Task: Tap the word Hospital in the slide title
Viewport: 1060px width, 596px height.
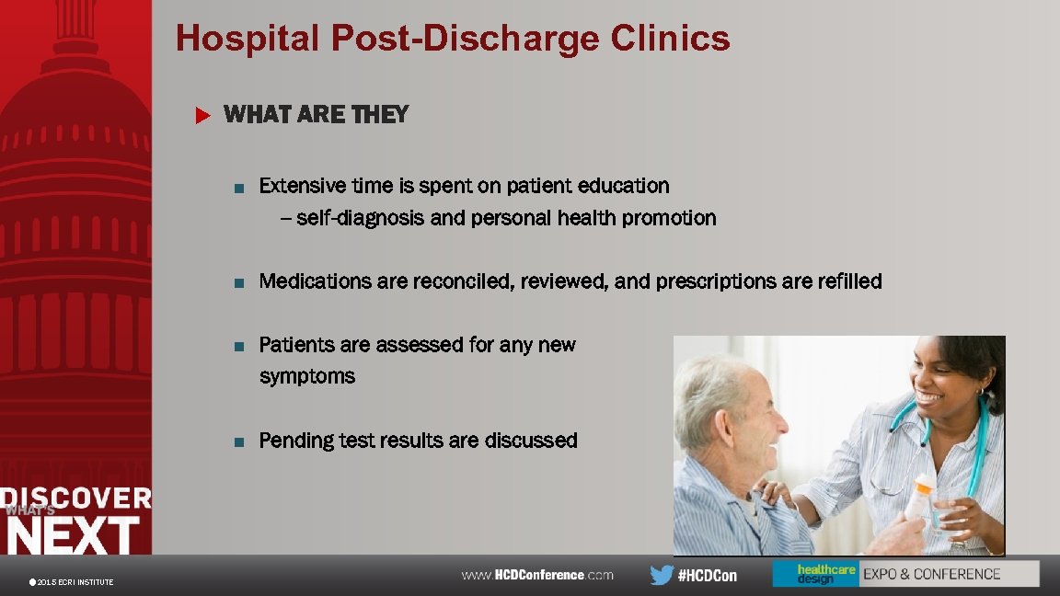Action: pyautogui.click(x=248, y=39)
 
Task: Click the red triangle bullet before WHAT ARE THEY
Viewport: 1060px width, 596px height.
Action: pyautogui.click(x=203, y=116)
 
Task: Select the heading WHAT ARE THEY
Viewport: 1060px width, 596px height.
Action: pyautogui.click(x=316, y=115)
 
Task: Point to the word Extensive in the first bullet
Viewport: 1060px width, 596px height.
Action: pyautogui.click(x=301, y=186)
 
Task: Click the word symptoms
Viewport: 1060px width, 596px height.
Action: pyautogui.click(x=307, y=376)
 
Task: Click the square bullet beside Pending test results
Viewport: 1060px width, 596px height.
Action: pyautogui.click(x=238, y=441)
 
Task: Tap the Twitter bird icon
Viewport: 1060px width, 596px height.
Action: pyautogui.click(x=661, y=575)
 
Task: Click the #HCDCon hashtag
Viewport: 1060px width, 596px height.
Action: pyautogui.click(x=707, y=576)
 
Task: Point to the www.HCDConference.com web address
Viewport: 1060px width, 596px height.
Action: pyautogui.click(x=537, y=575)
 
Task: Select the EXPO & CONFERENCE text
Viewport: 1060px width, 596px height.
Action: pyautogui.click(x=931, y=574)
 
